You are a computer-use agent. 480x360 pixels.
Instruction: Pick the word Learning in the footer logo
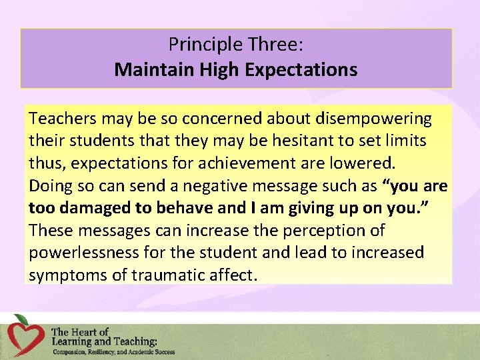(x=74, y=341)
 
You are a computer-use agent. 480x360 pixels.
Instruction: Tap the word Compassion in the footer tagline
(x=69, y=352)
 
